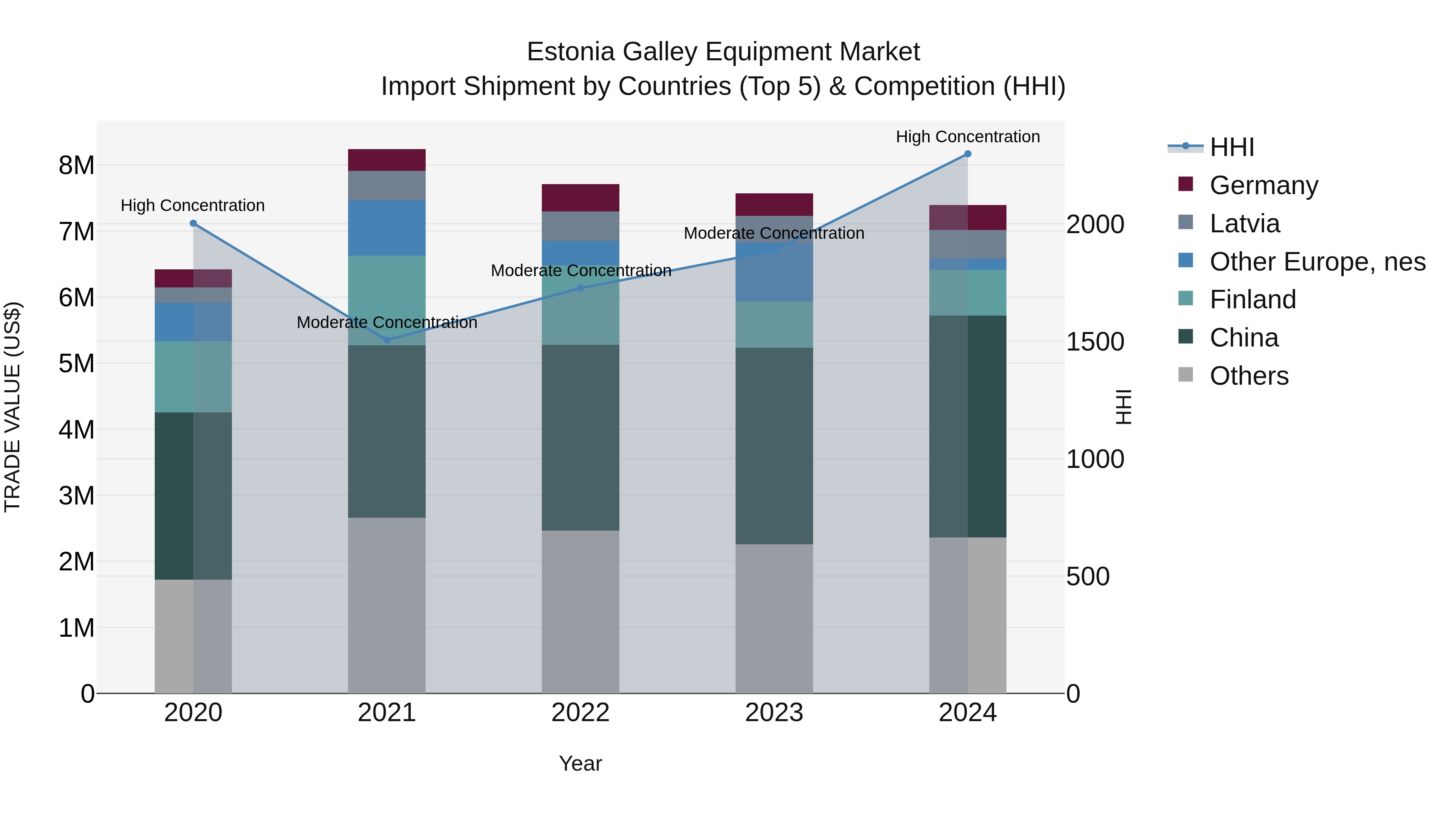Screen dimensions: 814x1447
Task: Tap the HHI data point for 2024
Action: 967,154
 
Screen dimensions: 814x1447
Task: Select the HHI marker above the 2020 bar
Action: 193,223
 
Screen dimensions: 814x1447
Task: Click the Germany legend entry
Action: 1263,185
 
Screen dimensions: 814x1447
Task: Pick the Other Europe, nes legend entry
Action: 1317,262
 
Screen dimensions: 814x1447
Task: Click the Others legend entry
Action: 1249,376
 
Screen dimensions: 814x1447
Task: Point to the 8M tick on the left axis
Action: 76,166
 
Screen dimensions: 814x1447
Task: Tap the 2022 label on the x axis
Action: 580,713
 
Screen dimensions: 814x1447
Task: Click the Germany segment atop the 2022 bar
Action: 580,198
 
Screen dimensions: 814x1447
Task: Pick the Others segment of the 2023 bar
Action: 774,618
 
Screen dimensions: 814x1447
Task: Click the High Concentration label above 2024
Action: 967,137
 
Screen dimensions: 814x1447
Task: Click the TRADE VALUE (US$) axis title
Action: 12,407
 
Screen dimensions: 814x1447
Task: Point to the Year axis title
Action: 580,763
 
